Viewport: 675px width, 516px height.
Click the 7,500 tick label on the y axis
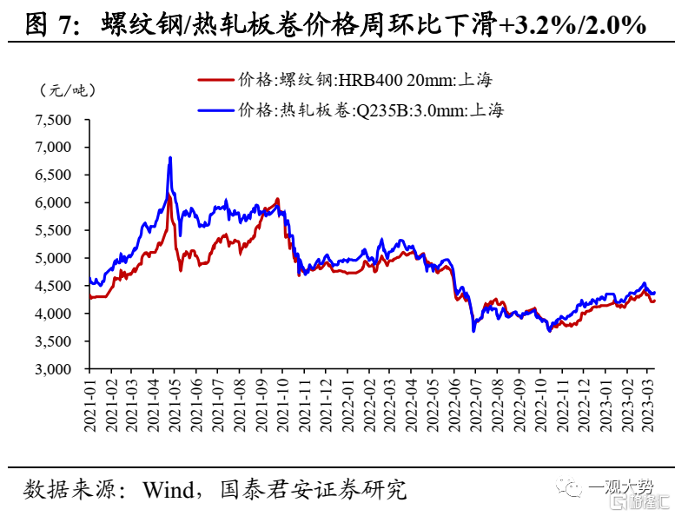(x=53, y=120)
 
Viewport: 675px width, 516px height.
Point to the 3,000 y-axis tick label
(x=53, y=369)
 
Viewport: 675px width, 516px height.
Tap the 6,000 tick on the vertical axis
(x=53, y=202)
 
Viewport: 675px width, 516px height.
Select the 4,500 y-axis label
(x=53, y=286)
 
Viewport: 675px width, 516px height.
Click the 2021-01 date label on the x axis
(x=90, y=406)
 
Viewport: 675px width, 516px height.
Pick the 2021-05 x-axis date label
(x=176, y=406)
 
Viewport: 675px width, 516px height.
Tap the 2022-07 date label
(x=477, y=406)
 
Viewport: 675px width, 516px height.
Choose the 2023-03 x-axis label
(x=648, y=406)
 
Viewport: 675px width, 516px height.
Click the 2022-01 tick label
(x=347, y=406)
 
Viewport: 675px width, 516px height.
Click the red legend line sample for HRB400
(x=216, y=80)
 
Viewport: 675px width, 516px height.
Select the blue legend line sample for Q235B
(x=216, y=110)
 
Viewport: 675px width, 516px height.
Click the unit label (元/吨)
(x=68, y=91)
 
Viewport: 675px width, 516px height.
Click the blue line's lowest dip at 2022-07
(x=473, y=330)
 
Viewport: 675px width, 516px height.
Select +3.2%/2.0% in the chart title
(x=572, y=25)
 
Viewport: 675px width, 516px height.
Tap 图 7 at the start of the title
(x=49, y=25)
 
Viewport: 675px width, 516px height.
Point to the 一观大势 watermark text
(x=620, y=487)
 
